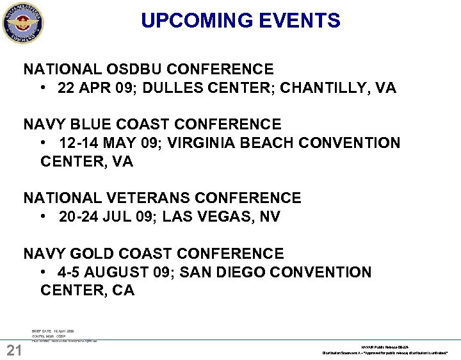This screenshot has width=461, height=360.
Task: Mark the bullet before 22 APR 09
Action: [42, 88]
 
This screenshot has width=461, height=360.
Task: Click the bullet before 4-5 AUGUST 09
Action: [42, 272]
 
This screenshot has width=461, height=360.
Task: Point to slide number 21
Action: [14, 350]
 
